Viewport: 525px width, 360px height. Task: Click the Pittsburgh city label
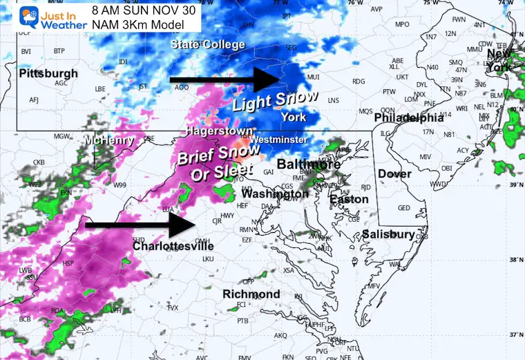pyautogui.click(x=48, y=73)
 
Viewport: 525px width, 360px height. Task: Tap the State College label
pyautogui.click(x=208, y=45)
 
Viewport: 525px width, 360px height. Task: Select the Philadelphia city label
pyautogui.click(x=408, y=118)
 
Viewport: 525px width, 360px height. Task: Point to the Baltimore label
pyautogui.click(x=308, y=164)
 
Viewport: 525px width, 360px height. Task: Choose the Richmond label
pyautogui.click(x=251, y=294)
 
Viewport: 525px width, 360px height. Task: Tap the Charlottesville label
pyautogui.click(x=173, y=246)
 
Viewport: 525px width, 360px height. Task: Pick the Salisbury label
pyautogui.click(x=388, y=234)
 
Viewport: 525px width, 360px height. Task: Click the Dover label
pyautogui.click(x=394, y=174)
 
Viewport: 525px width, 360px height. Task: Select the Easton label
pyautogui.click(x=344, y=200)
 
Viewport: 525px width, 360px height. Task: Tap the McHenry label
pyautogui.click(x=107, y=141)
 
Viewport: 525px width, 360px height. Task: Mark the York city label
pyautogui.click(x=293, y=117)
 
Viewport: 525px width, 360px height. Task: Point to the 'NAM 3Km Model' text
pyautogui.click(x=139, y=25)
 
